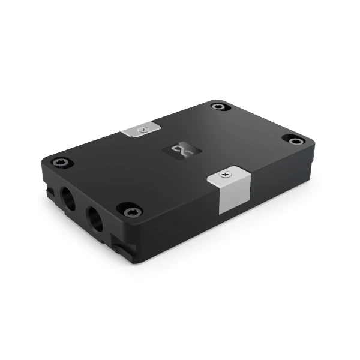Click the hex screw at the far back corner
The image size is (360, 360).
coord(219,107)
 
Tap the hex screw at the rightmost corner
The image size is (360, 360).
coord(295,140)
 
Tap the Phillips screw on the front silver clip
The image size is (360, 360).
coord(225,174)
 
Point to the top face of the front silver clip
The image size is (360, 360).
coord(228,175)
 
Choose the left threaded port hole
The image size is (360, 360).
coord(68,199)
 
